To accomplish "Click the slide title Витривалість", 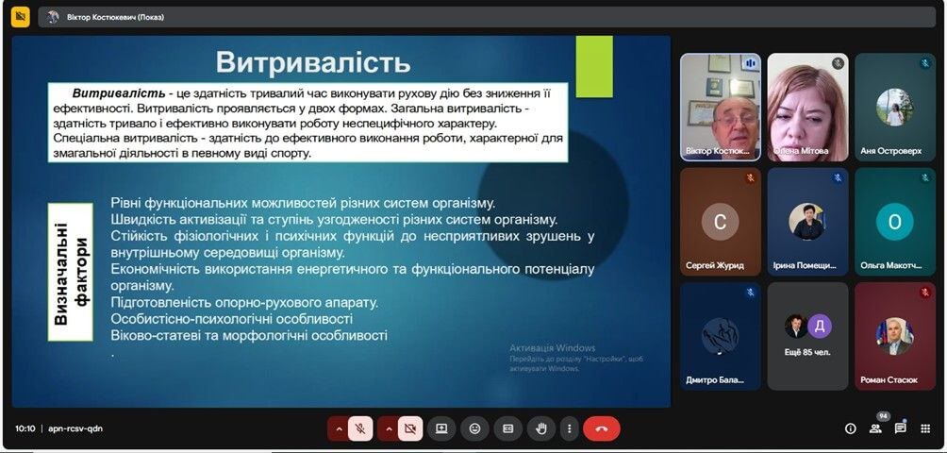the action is pyautogui.click(x=313, y=62).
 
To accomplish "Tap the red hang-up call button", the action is pyautogui.click(x=602, y=428).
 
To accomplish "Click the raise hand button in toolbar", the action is pyautogui.click(x=541, y=428).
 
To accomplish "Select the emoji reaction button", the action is pyautogui.click(x=474, y=428).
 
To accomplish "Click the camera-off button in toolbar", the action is pyautogui.click(x=410, y=428).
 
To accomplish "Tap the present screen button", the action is pyautogui.click(x=441, y=428).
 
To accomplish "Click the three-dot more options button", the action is pyautogui.click(x=569, y=428).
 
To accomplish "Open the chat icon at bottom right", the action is pyautogui.click(x=900, y=428).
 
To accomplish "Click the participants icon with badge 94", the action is pyautogui.click(x=875, y=428).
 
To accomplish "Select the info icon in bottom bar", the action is pyautogui.click(x=851, y=428).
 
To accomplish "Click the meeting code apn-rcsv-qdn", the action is pyautogui.click(x=75, y=428).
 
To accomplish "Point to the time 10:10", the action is pyautogui.click(x=25, y=428).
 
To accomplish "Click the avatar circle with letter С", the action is pyautogui.click(x=720, y=222).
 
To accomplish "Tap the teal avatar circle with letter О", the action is pyautogui.click(x=894, y=222).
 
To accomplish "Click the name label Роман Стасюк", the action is pyautogui.click(x=889, y=380).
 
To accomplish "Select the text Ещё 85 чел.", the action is pyautogui.click(x=807, y=352).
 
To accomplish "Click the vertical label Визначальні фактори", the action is pyautogui.click(x=70, y=272).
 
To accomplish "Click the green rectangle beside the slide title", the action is pyautogui.click(x=594, y=66).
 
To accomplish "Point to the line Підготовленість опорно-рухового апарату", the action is pyautogui.click(x=244, y=302).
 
